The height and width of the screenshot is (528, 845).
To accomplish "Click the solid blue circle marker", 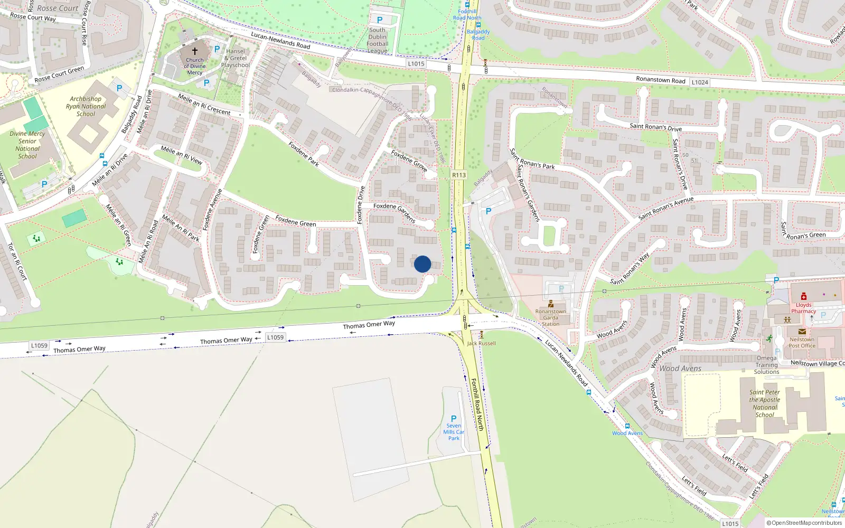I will pyautogui.click(x=422, y=264).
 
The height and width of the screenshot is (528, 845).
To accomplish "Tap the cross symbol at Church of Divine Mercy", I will pyautogui.click(x=194, y=51).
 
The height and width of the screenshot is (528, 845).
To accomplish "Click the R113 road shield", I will pyautogui.click(x=459, y=175).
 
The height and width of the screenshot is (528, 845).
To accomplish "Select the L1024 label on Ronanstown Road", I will pyautogui.click(x=700, y=82).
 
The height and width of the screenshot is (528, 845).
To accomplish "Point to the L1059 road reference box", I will pyautogui.click(x=39, y=346).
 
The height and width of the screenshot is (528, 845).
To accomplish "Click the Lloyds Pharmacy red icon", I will pyautogui.click(x=804, y=297).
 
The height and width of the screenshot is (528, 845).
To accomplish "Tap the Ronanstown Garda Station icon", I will pyautogui.click(x=551, y=304).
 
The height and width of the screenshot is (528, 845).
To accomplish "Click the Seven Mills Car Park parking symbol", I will pyautogui.click(x=454, y=419).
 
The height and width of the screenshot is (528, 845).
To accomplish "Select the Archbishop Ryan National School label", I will pyautogui.click(x=86, y=106).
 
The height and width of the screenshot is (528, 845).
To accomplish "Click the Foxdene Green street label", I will pyautogui.click(x=296, y=221).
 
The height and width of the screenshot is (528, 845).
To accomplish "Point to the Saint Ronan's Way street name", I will pyautogui.click(x=630, y=269).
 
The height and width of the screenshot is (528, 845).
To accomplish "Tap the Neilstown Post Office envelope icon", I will pyautogui.click(x=802, y=332).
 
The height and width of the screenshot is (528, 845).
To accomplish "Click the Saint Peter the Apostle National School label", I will pyautogui.click(x=765, y=403).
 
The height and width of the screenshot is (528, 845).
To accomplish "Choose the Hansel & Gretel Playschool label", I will pyautogui.click(x=236, y=58).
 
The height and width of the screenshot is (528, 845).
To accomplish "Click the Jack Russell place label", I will pyautogui.click(x=482, y=343).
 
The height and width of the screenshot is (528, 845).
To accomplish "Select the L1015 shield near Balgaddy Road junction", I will pyautogui.click(x=416, y=64).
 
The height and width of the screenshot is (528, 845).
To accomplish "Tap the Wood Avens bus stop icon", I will pyautogui.click(x=627, y=426).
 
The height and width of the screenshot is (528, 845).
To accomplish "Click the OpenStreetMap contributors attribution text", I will pyautogui.click(x=804, y=523).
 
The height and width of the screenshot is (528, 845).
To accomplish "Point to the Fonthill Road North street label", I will pyautogui.click(x=477, y=404).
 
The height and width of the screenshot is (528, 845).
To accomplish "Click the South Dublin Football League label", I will pyautogui.click(x=378, y=40).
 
